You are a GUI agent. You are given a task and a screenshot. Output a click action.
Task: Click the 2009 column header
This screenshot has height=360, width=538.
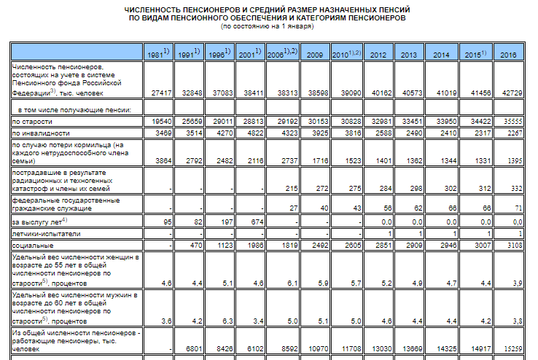point(315,55)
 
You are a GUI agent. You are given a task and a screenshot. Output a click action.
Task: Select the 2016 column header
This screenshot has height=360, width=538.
point(508,55)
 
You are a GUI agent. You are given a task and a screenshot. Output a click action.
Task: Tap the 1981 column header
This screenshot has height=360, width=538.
point(158,53)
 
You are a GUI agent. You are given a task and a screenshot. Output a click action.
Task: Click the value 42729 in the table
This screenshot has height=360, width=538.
point(512,93)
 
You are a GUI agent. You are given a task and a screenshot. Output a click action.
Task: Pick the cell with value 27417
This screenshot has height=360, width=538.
point(161,93)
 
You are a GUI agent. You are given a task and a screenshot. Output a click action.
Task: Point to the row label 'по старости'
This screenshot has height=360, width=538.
point(32,122)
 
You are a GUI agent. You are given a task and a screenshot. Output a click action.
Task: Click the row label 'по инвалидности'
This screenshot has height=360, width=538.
point(41,133)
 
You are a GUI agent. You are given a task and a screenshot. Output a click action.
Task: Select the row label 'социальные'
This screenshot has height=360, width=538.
point(33,246)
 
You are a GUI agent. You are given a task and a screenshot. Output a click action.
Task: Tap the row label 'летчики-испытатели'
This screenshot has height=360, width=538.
point(46,234)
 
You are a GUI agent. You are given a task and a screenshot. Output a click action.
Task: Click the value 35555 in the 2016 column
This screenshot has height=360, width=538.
point(513,122)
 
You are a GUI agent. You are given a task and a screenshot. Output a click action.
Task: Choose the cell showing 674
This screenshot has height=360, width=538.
point(257,222)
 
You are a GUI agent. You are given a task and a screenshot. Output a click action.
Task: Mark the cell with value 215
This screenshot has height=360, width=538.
point(292,189)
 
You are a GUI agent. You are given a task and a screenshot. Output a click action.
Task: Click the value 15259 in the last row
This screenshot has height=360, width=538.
point(513,348)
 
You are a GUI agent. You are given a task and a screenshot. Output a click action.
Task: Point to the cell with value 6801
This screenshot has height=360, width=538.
point(194,348)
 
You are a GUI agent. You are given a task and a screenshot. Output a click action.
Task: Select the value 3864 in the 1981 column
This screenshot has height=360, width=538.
point(163,161)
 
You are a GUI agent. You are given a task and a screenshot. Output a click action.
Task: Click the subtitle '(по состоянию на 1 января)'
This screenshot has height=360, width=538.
point(268,26)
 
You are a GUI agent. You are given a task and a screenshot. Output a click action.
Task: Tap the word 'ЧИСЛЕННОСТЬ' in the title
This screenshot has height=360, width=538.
point(152,9)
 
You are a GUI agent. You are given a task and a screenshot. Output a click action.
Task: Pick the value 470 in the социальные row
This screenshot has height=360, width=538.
point(196,246)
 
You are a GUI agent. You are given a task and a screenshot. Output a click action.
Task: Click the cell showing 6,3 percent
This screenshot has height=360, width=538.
point(227,321)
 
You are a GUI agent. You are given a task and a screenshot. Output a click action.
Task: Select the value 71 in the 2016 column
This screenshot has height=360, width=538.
point(518,208)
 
